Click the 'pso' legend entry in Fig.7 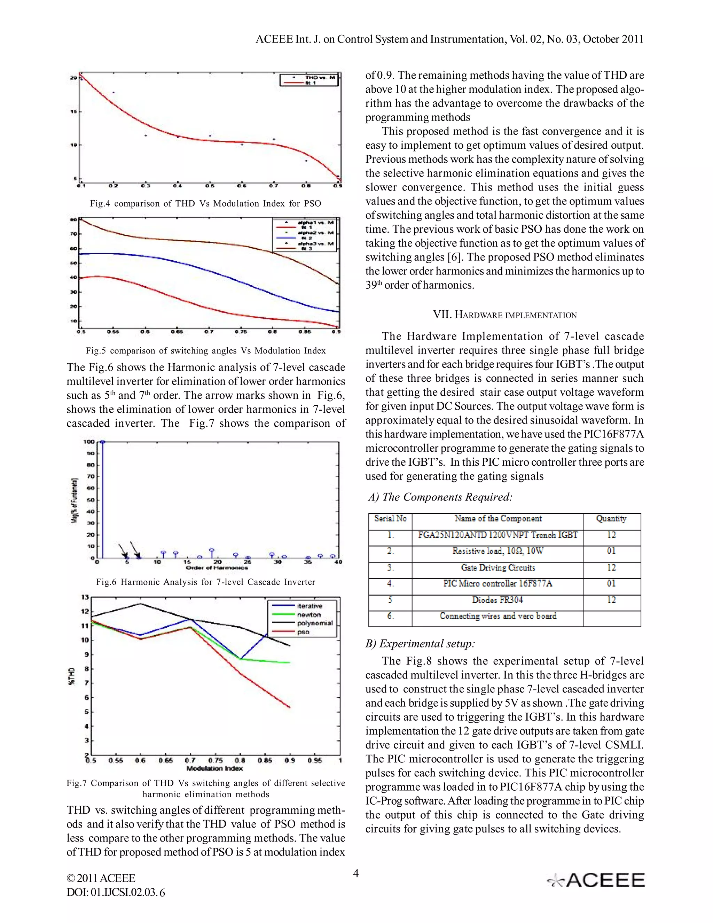coord(303,632)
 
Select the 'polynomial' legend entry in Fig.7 coord(315,623)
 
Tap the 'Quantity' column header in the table coord(611,519)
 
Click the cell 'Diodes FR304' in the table coord(497,600)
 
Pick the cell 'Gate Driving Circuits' coord(497,568)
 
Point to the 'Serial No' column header coord(390,519)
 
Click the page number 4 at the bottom coord(356,873)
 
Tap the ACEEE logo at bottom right coord(596,880)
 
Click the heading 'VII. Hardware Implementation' coord(504,315)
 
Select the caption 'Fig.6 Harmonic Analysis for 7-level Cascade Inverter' coord(206,582)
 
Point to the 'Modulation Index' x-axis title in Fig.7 coord(214,768)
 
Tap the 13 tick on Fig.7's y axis coord(85,597)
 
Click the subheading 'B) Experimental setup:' coord(420,644)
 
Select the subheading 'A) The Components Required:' coord(440,497)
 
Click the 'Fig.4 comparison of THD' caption coord(205,204)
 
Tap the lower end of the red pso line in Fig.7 coord(290,707)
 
